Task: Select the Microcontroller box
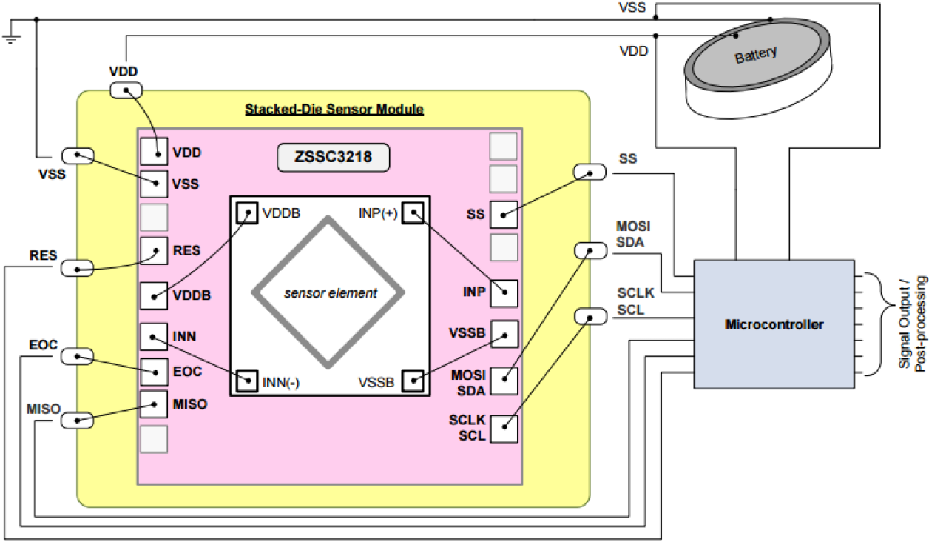tap(774, 324)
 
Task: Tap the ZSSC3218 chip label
tap(333, 158)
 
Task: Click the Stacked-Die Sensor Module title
tap(334, 110)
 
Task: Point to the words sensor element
tap(331, 293)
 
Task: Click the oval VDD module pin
tap(126, 90)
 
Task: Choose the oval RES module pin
tap(77, 268)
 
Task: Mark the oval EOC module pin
tap(77, 357)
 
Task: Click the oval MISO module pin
tap(77, 421)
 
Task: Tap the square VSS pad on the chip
tap(154, 182)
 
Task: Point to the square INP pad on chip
tap(504, 293)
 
